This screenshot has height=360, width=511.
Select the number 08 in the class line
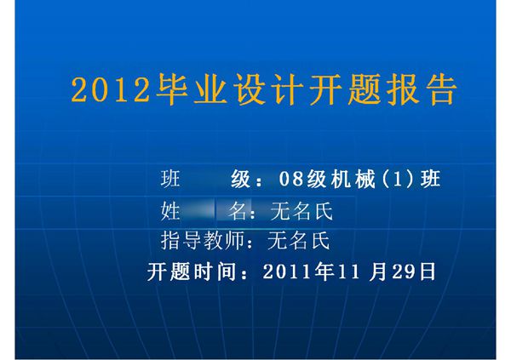pyautogui.click(x=291, y=180)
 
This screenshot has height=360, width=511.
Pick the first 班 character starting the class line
pyautogui.click(x=171, y=180)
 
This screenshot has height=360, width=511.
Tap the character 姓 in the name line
pyautogui.click(x=171, y=210)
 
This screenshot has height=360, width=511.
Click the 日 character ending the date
pyautogui.click(x=428, y=271)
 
